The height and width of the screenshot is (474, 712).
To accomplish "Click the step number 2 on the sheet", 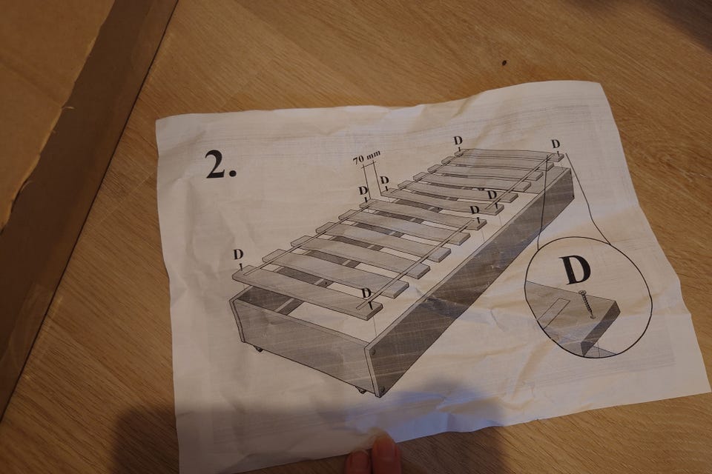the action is [x=220, y=164].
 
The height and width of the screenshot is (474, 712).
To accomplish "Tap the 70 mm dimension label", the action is [x=366, y=158].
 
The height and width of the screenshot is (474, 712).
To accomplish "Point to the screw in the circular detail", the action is [x=586, y=303].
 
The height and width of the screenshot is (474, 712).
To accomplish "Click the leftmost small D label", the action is [x=238, y=255].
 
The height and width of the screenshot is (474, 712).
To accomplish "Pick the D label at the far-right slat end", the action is [x=556, y=144].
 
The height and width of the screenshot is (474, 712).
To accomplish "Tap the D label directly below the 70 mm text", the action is [x=363, y=190].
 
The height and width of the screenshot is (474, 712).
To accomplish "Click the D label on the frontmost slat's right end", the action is [x=366, y=293].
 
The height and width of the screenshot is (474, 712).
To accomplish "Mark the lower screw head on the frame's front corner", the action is [x=383, y=389].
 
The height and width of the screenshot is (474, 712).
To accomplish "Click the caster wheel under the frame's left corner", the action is [x=257, y=350].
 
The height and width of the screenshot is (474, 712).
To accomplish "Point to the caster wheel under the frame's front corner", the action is [x=361, y=390].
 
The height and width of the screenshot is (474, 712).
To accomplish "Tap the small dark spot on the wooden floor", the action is [x=504, y=63].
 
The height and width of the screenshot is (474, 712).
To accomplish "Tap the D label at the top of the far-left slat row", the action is [x=458, y=141].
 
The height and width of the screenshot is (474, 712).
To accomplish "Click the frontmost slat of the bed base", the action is [x=307, y=290].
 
